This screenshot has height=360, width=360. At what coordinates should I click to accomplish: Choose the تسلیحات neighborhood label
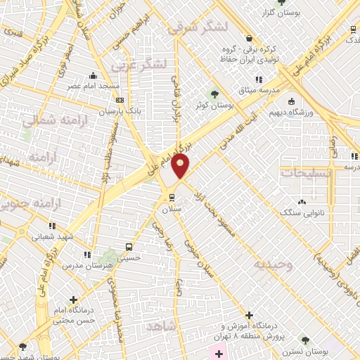click(300, 172)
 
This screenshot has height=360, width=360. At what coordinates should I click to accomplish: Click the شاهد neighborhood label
click(162, 328)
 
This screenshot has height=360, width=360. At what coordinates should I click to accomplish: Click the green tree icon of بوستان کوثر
click(214, 94)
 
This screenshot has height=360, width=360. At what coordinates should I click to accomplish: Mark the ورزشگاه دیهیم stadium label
click(292, 111)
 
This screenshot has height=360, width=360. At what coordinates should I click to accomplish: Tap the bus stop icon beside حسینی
click(128, 247)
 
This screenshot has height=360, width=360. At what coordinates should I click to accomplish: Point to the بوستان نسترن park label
click(304, 350)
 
